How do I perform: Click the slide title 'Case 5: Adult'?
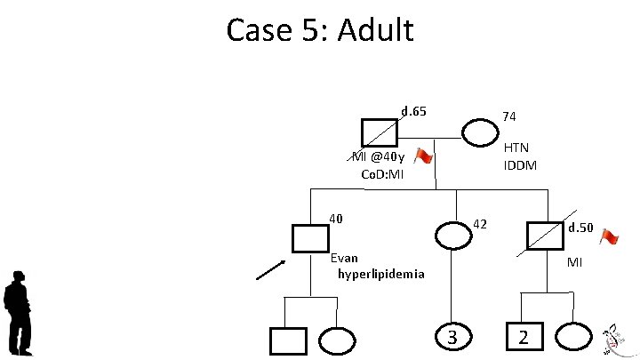[x=320, y=30]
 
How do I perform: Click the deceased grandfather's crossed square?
[x=380, y=132]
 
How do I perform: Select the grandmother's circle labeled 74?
[x=481, y=132]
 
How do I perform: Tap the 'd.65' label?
[x=414, y=111]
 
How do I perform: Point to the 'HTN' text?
[x=516, y=148]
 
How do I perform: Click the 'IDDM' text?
[x=519, y=165]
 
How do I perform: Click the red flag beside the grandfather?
[x=423, y=157]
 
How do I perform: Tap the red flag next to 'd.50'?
[x=609, y=237]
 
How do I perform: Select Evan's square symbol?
[x=310, y=238]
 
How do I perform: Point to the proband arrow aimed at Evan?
[x=271, y=268]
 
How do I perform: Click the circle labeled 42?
[x=452, y=236]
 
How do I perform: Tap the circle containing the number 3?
[x=452, y=338]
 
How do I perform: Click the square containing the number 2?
[x=524, y=338]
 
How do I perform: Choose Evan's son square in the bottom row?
[x=287, y=340]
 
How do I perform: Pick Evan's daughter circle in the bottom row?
[x=336, y=340]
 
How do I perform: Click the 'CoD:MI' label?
[x=382, y=173]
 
